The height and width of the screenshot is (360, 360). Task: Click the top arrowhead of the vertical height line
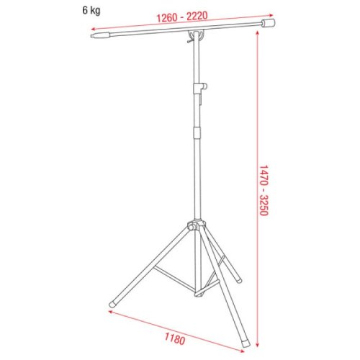click(258, 34)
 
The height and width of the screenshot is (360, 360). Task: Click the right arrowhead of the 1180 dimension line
click(244, 351)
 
